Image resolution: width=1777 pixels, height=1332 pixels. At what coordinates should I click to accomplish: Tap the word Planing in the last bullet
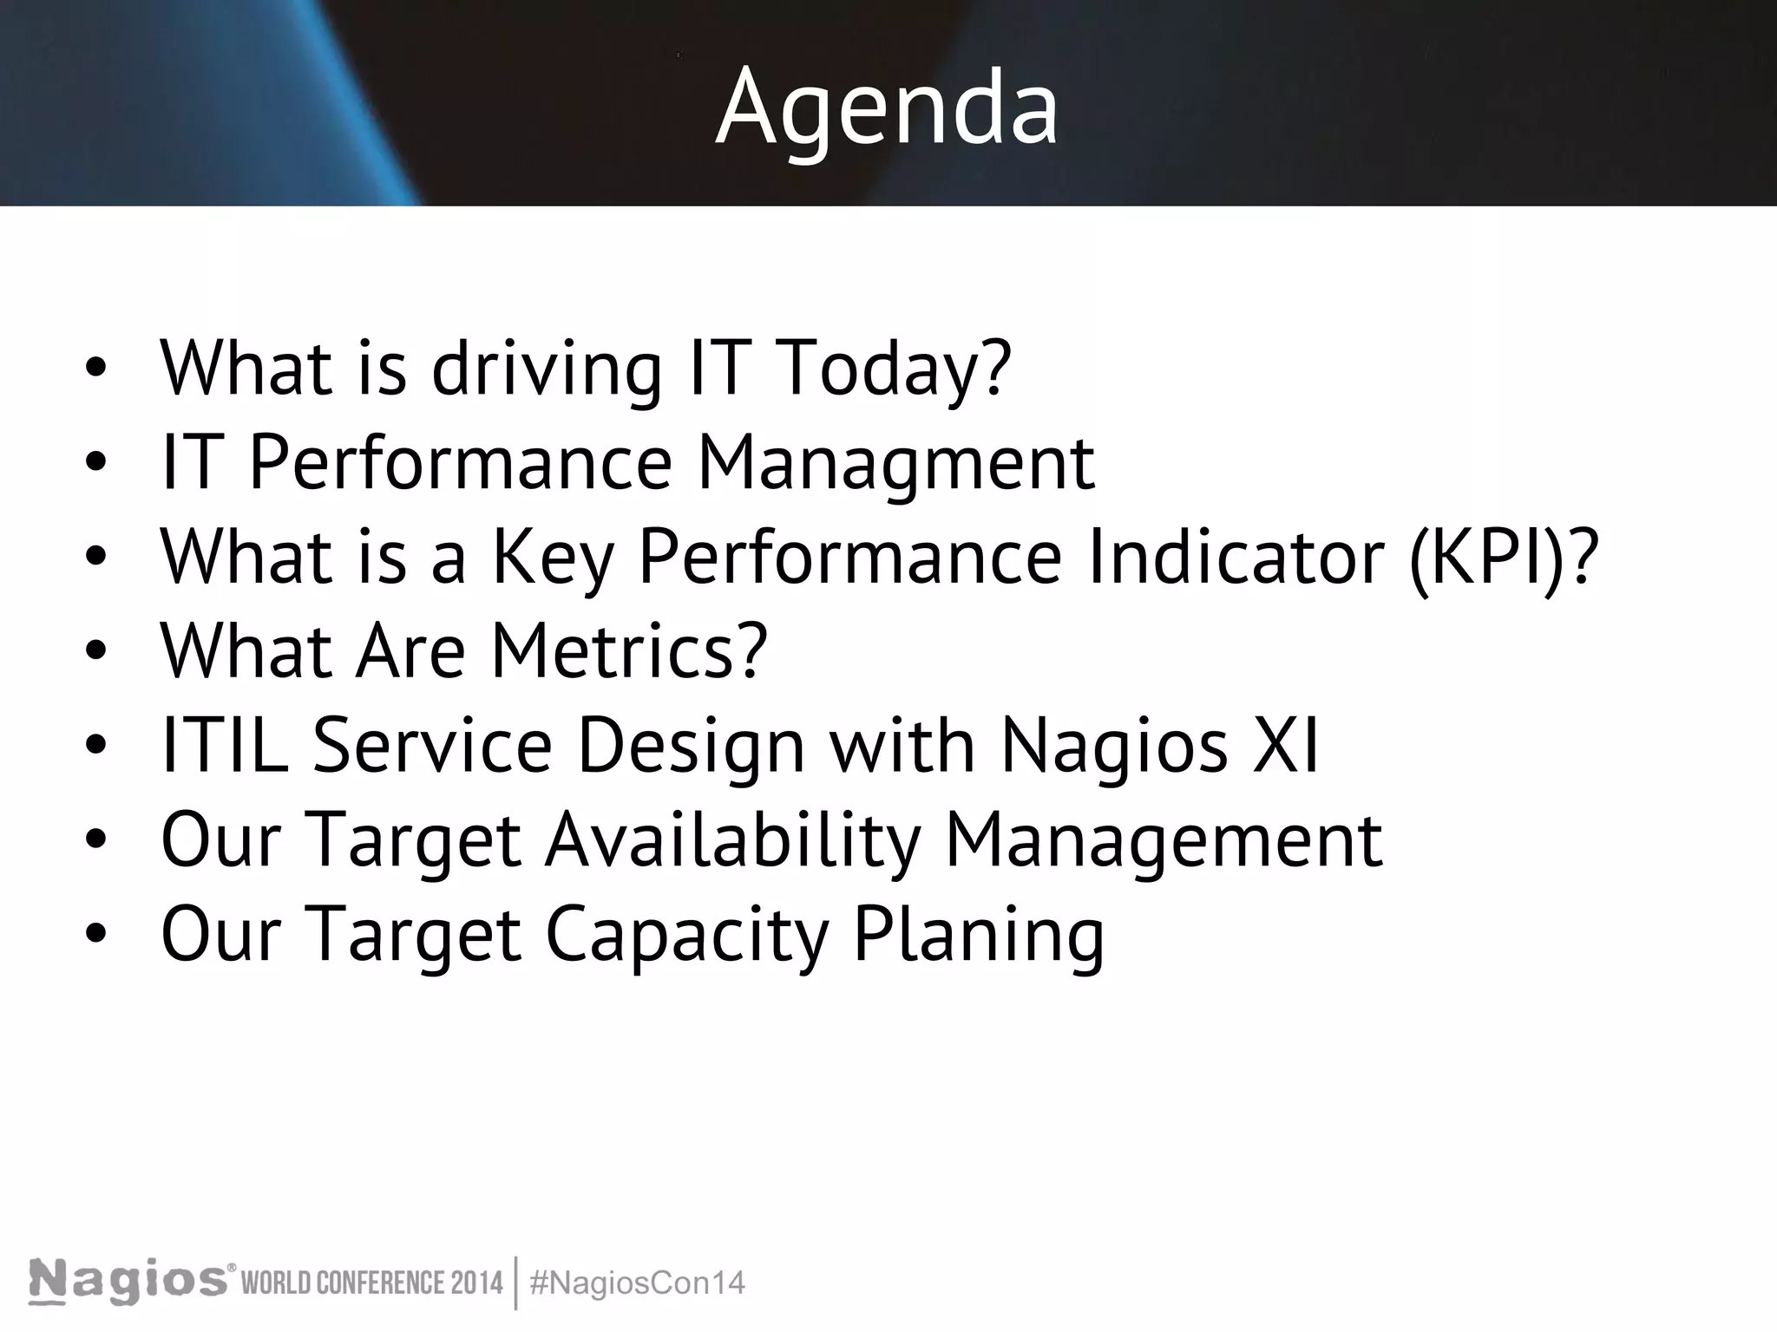pyautogui.click(x=979, y=935)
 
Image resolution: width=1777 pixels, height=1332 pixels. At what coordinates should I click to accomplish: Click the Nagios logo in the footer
pyautogui.click(x=130, y=1282)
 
